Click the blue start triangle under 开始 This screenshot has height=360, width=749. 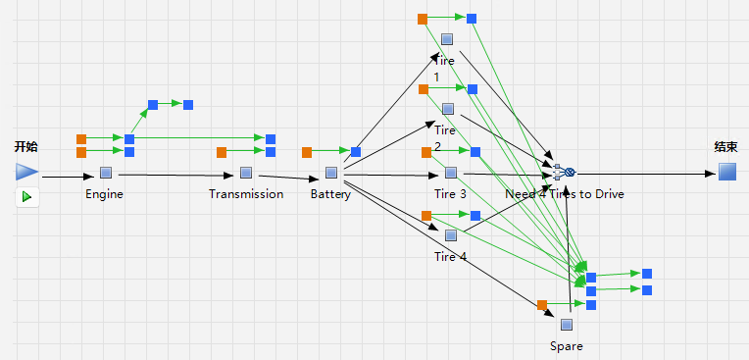(26, 172)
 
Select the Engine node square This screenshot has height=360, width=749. (106, 173)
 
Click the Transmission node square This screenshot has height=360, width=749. (246, 173)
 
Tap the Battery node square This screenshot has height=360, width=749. (331, 173)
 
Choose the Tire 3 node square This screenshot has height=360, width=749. (451, 173)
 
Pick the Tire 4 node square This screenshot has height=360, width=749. (451, 235)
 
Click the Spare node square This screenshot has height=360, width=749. (567, 325)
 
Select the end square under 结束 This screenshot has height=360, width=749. (727, 172)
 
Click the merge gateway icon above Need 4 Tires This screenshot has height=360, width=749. (564, 172)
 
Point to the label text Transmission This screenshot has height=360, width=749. (246, 194)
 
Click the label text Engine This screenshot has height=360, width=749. (104, 194)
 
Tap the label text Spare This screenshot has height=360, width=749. (567, 346)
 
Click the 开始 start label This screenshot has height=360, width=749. (25, 147)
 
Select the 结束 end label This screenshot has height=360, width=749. (726, 147)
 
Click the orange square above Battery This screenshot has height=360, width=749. (307, 152)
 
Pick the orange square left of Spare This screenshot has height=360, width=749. (542, 305)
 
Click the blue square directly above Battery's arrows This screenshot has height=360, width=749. (356, 152)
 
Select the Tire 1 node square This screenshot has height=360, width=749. (447, 39)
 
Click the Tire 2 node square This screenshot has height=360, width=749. (448, 109)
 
